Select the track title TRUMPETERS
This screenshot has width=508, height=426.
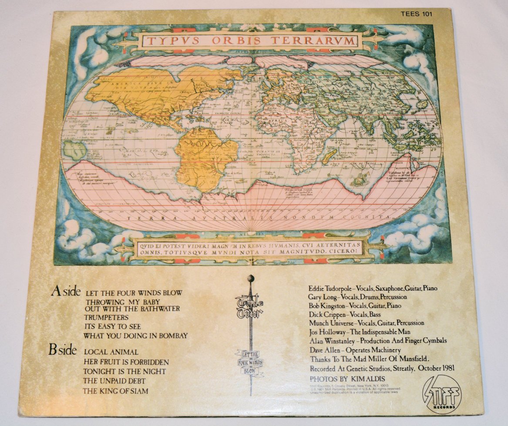click(107, 317)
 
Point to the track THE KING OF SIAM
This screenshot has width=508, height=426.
click(115, 391)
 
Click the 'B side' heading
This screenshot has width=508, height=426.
click(64, 350)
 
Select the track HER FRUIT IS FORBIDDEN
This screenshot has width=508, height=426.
click(126, 362)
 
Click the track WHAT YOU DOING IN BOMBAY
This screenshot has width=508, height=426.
click(135, 335)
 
